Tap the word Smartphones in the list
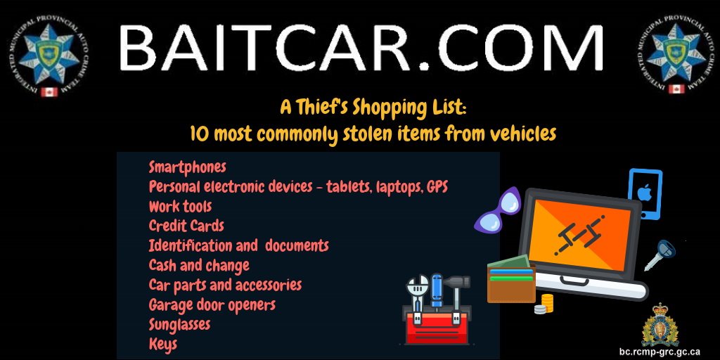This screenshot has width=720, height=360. (x=187, y=167)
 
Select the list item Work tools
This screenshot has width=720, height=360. (x=180, y=207)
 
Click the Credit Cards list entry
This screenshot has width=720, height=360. (x=186, y=226)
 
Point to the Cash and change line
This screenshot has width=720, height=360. (x=199, y=266)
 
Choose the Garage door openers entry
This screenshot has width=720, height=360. (x=212, y=305)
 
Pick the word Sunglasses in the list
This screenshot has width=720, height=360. (x=179, y=325)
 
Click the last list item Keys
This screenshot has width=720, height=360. (x=162, y=345)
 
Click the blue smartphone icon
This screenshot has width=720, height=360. (x=645, y=194)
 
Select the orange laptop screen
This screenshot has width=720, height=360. (x=581, y=231)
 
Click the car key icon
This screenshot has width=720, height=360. (x=660, y=255)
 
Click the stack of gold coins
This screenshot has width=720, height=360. (x=545, y=304)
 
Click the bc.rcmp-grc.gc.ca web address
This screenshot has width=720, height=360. (x=660, y=351)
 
